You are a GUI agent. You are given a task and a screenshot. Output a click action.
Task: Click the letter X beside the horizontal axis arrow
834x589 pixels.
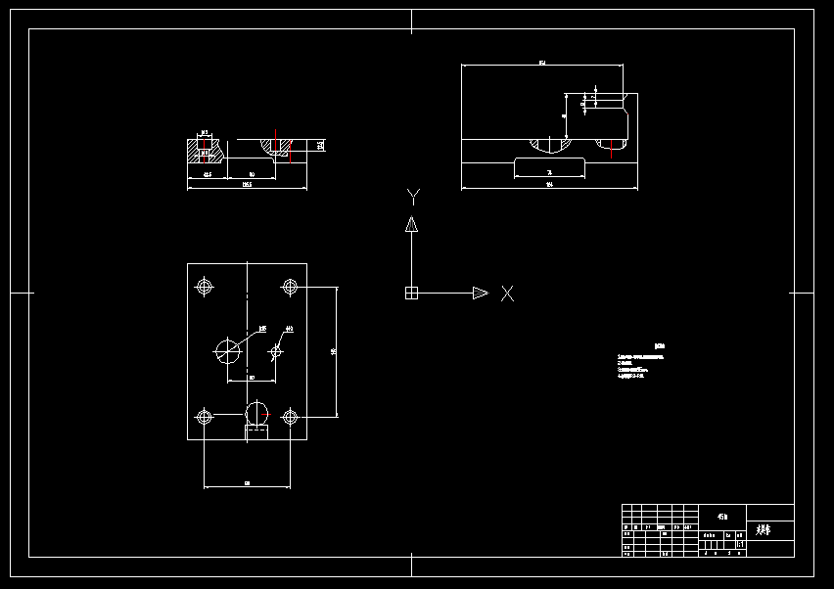pos(507,293)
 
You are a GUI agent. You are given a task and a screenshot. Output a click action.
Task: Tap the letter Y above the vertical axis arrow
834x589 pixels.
pos(413,196)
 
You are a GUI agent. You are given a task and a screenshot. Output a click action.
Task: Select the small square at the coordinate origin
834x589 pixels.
pos(411,293)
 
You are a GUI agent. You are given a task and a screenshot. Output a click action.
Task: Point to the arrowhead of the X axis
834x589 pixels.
pos(480,293)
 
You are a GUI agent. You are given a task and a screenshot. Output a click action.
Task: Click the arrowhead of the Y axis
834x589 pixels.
pos(412,224)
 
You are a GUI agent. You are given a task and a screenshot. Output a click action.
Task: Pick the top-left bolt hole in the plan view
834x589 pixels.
pos(205,287)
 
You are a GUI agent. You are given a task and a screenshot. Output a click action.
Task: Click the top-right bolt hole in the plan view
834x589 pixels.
pos(290,287)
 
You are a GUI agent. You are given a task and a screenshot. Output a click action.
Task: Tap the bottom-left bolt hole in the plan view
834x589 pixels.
pos(205,418)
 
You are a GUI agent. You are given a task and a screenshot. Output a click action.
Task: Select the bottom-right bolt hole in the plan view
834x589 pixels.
pos(290,418)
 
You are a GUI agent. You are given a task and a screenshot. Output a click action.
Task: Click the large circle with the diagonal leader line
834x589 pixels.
pos(227,349)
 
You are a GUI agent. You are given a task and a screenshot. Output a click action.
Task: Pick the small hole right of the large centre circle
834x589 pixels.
pos(277,349)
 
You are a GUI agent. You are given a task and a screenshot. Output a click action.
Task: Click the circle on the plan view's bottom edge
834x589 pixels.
pos(256,412)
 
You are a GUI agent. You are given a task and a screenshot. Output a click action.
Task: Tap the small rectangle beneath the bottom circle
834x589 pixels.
pos(255,431)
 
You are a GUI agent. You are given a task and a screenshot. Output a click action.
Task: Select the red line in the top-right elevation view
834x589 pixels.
pos(611,149)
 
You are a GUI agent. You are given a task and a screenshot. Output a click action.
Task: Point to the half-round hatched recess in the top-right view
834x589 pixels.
pos(549,145)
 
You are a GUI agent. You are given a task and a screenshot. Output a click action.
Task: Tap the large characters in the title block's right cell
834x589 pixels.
pos(764,530)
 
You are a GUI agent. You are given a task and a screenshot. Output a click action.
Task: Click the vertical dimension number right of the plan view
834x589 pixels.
pos(334,350)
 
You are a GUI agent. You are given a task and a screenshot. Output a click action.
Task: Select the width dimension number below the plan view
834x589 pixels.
pos(247,482)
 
